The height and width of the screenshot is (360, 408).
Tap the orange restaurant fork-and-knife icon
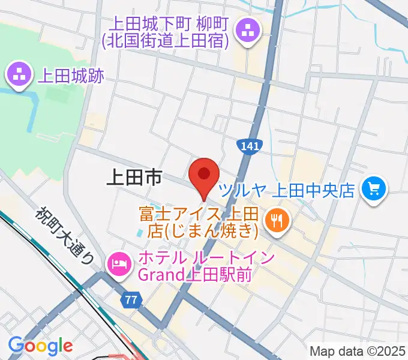[277, 220]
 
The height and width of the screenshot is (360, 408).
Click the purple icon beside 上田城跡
[19, 75]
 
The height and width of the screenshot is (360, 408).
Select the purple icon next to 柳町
[247, 29]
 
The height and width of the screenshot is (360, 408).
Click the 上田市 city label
[133, 178]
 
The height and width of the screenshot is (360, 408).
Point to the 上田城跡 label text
[71, 76]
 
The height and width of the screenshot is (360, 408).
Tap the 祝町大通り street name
[65, 235]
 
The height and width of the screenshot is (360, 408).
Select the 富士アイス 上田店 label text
[198, 214]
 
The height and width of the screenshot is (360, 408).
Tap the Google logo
[40, 346]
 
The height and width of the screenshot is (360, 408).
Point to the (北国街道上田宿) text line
[166, 41]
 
